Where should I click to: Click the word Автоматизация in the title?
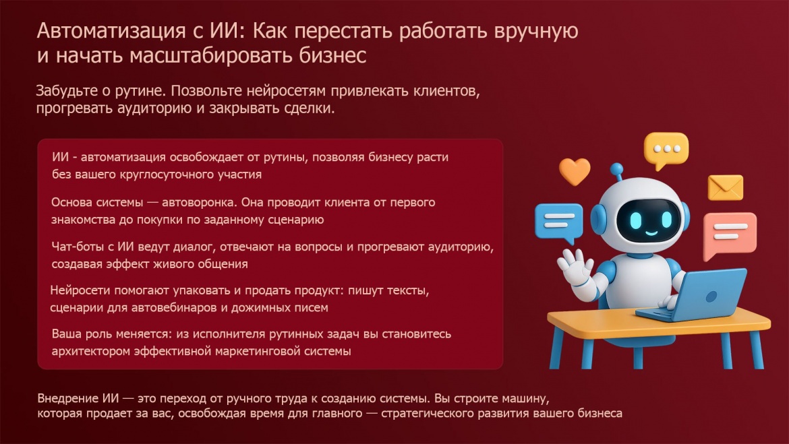[111, 31]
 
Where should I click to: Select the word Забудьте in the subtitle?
[66, 90]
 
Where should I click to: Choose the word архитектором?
[91, 351]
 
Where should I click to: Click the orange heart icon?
[575, 171]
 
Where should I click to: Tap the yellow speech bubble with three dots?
[666, 150]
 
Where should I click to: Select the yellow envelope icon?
[725, 187]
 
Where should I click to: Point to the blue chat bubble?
[558, 222]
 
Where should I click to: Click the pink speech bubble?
[729, 233]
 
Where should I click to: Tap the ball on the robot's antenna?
[616, 169]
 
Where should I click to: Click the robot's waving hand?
[575, 266]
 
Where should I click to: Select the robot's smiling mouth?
[651, 233]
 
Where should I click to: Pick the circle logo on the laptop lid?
[711, 296]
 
